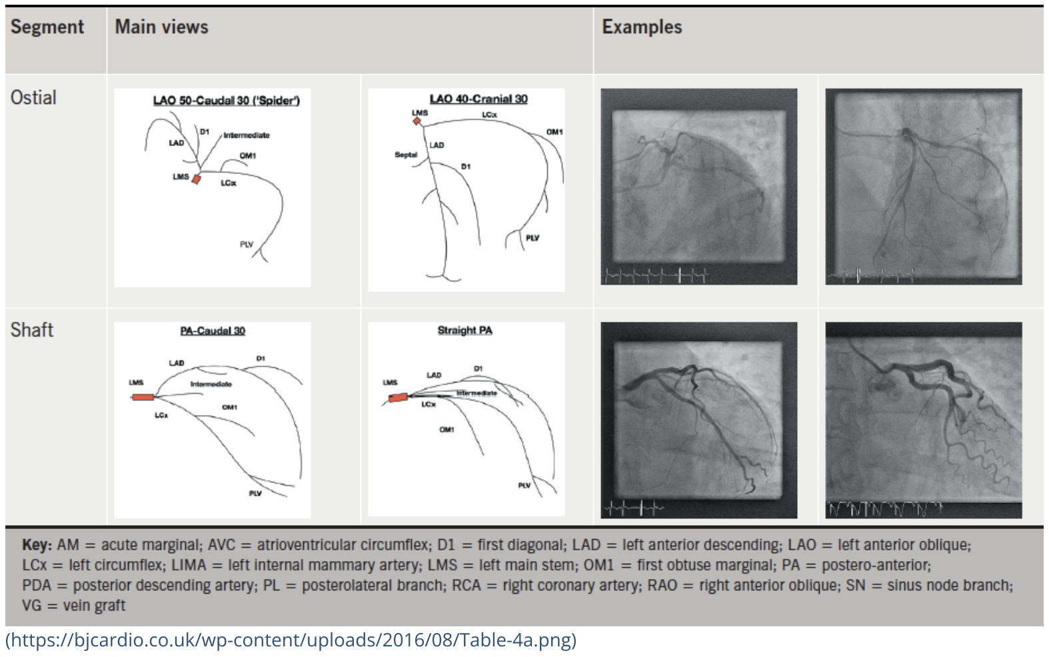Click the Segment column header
(47, 27)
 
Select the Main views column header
(161, 27)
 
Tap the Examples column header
(642, 27)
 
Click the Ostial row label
(33, 98)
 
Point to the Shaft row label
(32, 330)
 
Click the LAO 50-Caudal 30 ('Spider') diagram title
(227, 101)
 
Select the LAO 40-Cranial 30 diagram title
(479, 99)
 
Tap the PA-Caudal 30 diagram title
(213, 331)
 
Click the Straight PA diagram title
(465, 330)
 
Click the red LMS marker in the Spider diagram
(196, 179)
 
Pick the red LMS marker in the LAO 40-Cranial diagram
(417, 121)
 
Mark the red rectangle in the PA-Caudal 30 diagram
(143, 397)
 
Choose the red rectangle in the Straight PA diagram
(398, 398)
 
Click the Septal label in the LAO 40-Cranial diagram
(406, 155)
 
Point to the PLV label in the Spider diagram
(247, 245)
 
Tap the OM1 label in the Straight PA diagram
(447, 430)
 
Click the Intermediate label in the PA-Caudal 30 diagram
(211, 384)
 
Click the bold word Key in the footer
(37, 545)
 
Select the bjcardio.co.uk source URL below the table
(291, 640)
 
